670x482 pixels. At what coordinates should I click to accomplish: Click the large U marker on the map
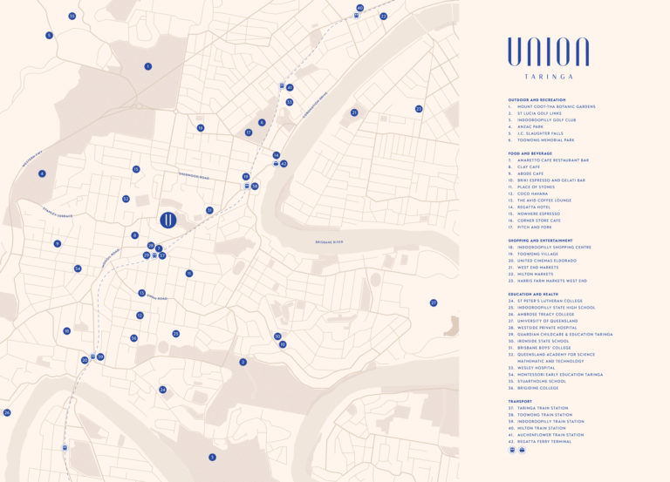[167, 219]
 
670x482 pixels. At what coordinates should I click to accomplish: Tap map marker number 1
[148, 66]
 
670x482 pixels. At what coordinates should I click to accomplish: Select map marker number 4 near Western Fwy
[41, 173]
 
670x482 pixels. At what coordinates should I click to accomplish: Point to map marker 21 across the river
[354, 112]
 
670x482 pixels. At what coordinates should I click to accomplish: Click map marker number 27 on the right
[433, 302]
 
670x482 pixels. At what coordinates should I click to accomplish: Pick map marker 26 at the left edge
[7, 412]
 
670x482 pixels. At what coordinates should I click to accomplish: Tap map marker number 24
[162, 390]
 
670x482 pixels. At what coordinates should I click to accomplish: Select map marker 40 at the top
[359, 8]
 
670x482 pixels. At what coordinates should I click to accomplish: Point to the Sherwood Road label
[194, 177]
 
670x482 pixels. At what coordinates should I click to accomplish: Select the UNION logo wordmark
[548, 51]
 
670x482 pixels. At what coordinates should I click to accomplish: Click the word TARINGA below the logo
[548, 77]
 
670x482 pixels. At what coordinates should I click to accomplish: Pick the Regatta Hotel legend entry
[534, 207]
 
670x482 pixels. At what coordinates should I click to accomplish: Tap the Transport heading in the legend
[520, 401]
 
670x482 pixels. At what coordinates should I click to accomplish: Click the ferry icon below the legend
[521, 451]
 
